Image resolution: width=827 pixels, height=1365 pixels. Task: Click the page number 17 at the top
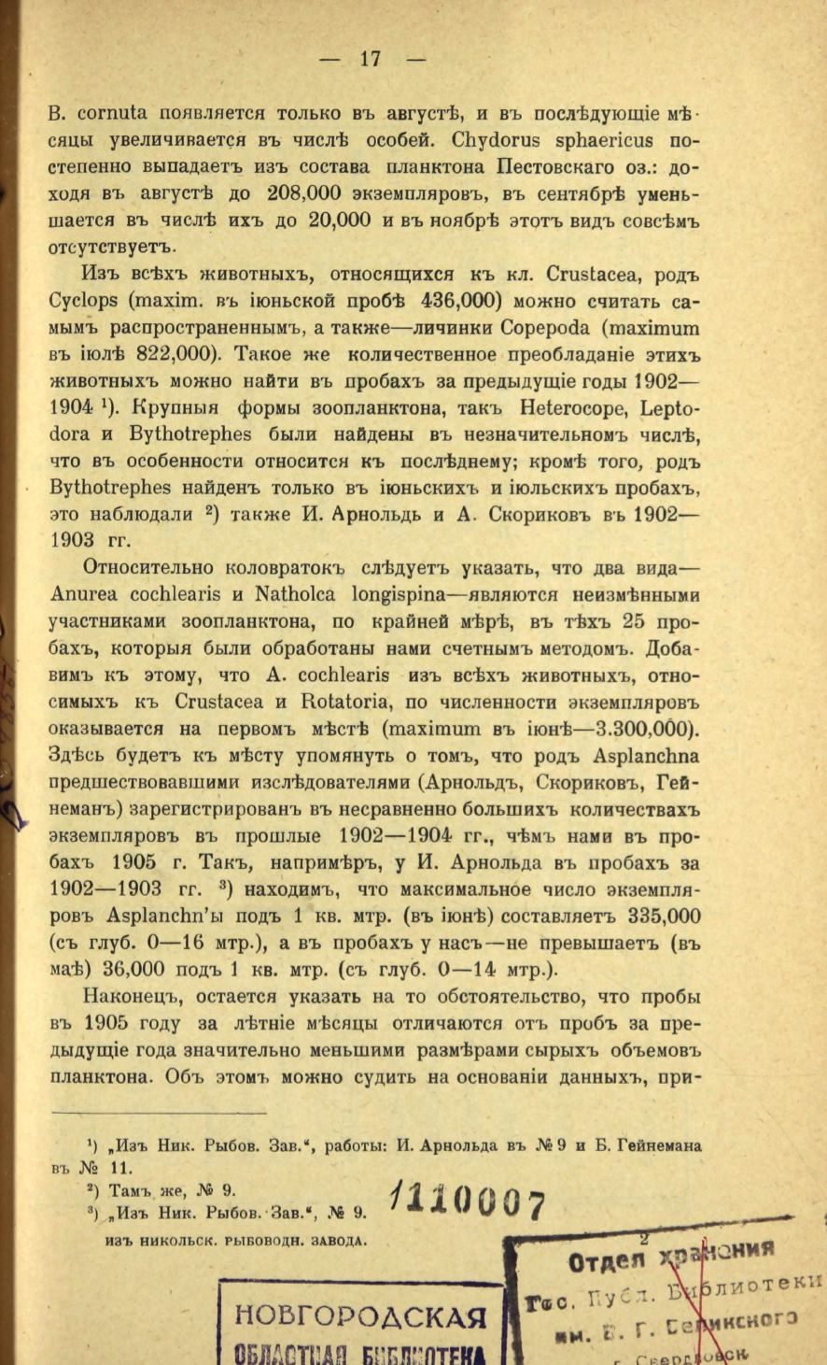(x=371, y=58)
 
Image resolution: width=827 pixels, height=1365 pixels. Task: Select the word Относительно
(x=143, y=567)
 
